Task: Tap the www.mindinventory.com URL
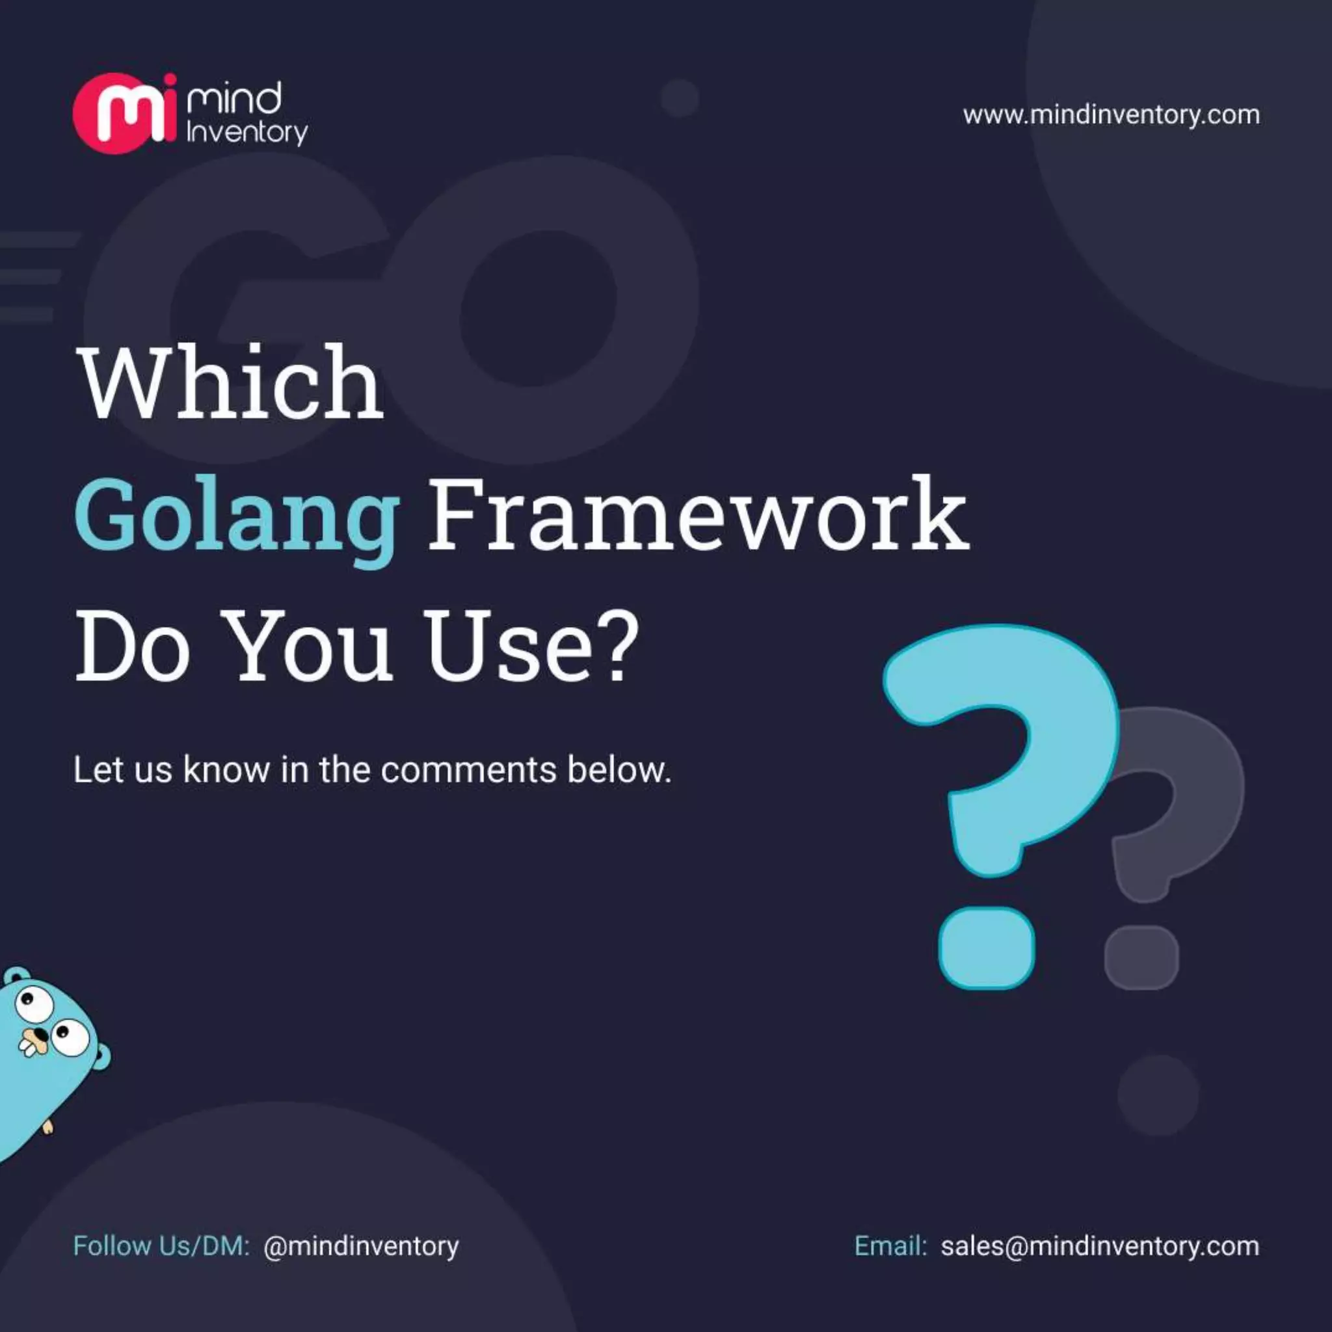1111,114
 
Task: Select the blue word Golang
237,516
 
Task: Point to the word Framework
698,514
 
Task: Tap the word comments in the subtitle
468,770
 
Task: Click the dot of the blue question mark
987,947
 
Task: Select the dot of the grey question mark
1141,957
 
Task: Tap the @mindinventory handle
360,1245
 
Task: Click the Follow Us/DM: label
161,1245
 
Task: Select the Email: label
890,1245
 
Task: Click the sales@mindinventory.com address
1100,1245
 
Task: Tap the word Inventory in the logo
246,133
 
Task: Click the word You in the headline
310,646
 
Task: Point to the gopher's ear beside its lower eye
101,1056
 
